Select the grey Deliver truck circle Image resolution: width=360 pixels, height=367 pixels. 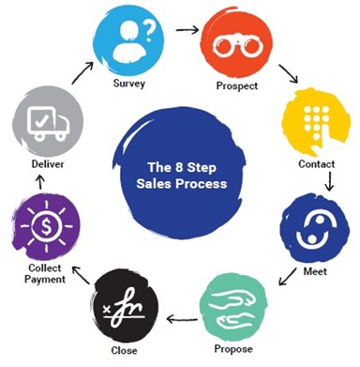click(x=44, y=118)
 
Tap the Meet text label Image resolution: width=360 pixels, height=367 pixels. click(x=313, y=271)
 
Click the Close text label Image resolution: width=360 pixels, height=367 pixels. click(x=124, y=350)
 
